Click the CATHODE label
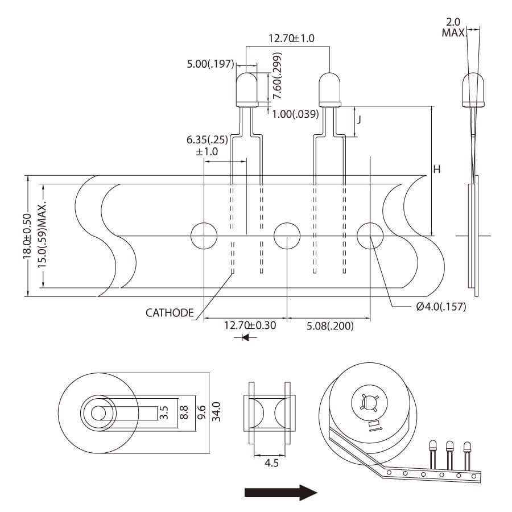tap(170, 312)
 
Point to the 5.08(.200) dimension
tap(330, 326)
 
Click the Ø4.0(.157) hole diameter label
tap(441, 307)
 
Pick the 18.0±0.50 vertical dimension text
tap(27, 236)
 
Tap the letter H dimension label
tap(437, 170)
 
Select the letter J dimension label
tap(360, 121)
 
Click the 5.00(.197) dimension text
tap(210, 64)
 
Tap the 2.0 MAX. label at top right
tap(453, 27)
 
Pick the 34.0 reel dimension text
tap(216, 411)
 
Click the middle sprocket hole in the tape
tap(287, 236)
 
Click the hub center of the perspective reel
tap(369, 402)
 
